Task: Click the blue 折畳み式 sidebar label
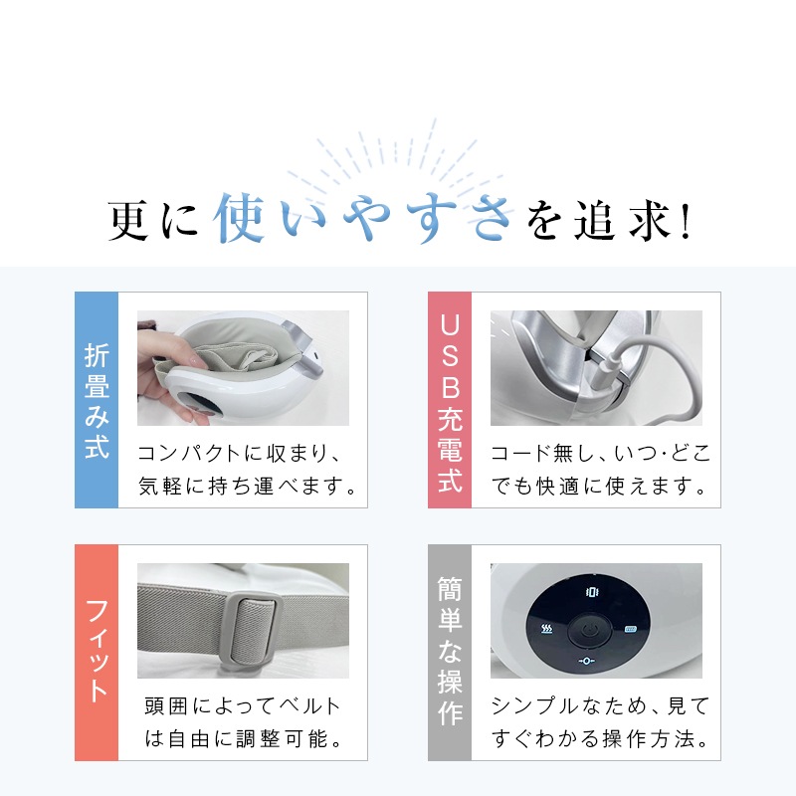coord(97,399)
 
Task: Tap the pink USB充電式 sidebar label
coord(450,399)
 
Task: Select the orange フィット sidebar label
coord(97,652)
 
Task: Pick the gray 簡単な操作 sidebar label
coord(450,652)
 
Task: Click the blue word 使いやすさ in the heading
coord(363,218)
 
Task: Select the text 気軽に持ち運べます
coord(248,488)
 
